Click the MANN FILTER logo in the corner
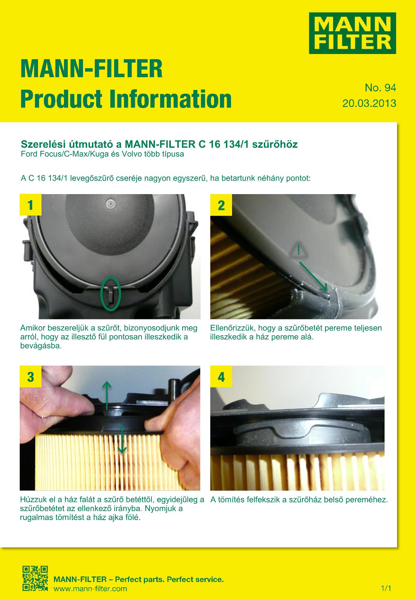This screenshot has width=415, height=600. [352, 33]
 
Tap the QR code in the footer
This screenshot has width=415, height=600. [35, 579]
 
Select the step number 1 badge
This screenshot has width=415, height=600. [30, 205]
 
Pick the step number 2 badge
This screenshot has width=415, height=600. [221, 205]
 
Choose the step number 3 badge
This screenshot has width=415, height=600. [30, 376]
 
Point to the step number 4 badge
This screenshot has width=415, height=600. [221, 376]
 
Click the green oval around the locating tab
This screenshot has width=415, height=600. [111, 293]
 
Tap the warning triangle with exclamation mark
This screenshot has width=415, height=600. [298, 250]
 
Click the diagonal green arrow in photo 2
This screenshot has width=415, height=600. [313, 276]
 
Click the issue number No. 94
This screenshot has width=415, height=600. [380, 88]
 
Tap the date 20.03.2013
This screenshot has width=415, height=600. [369, 103]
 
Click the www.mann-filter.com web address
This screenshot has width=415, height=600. [90, 588]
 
